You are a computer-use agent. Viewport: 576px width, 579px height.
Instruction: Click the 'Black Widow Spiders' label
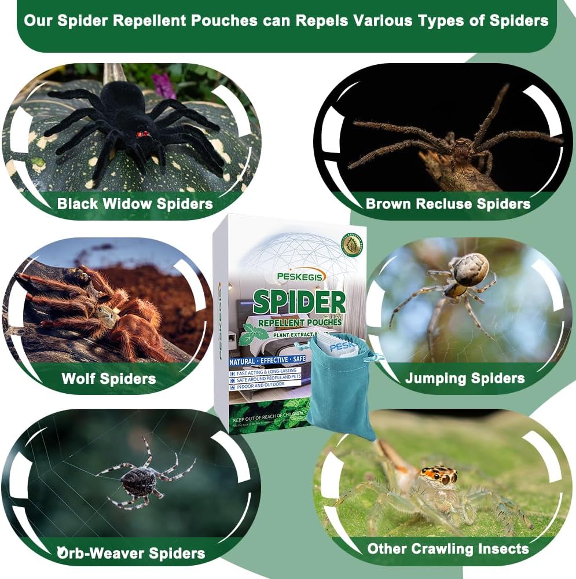(135, 204)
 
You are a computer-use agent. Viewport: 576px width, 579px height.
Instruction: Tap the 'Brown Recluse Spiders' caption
(447, 204)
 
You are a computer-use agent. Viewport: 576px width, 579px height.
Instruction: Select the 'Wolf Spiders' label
(109, 379)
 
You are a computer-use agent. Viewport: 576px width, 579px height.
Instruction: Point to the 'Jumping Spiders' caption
(465, 379)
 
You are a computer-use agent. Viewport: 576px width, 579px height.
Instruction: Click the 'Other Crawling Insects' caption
(448, 548)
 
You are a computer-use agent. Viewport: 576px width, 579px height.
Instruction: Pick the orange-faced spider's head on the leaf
(439, 475)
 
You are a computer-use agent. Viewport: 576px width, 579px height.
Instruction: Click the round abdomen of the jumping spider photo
(470, 269)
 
